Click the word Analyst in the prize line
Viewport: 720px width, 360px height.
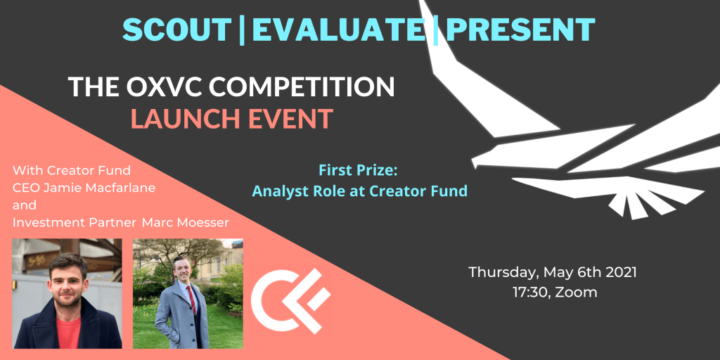[x=278, y=191]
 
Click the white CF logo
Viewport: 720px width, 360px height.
[x=291, y=301]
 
